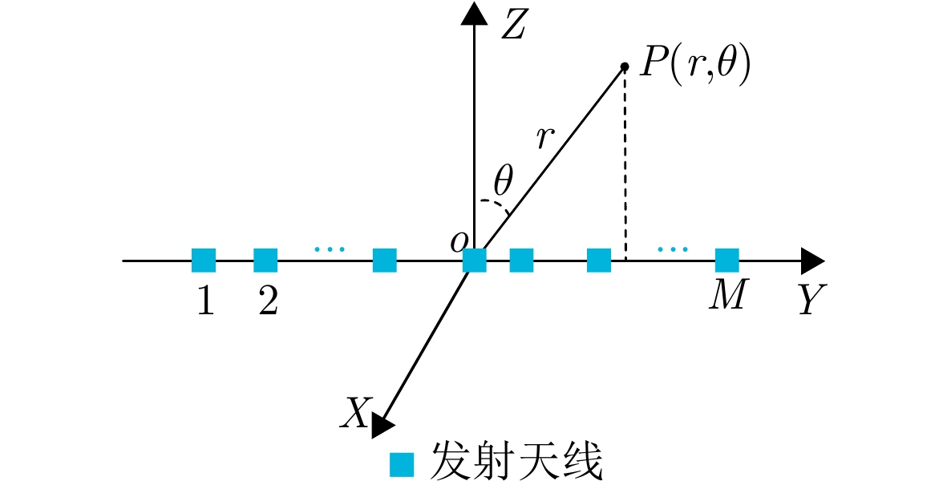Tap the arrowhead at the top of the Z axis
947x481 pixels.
pos(473,13)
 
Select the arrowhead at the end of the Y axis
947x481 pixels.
pos(813,261)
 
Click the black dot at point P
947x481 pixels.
pos(625,67)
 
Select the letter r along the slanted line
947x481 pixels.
pos(544,138)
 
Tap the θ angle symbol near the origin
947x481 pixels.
pos(503,180)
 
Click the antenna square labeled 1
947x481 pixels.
pos(204,261)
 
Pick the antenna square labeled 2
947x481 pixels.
pos(265,261)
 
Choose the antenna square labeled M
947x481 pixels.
pos(727,261)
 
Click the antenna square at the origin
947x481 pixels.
pos(475,261)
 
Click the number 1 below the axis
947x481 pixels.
pos(206,300)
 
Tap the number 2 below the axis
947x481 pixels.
pos(268,300)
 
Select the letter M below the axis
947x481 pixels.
pos(728,295)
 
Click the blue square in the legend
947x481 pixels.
pos(402,465)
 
